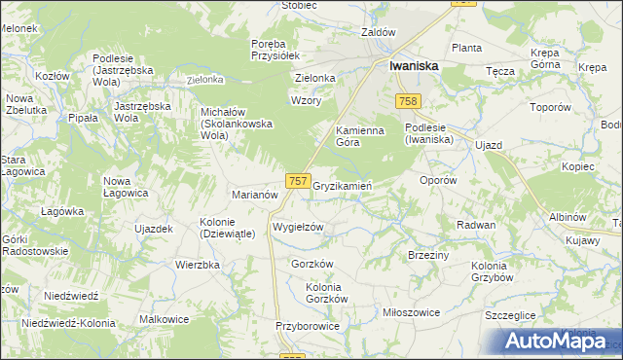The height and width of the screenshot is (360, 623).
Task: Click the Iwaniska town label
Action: (413, 65)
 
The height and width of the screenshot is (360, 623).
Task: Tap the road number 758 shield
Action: (408, 102)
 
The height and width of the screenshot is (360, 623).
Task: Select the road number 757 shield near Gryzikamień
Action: (299, 181)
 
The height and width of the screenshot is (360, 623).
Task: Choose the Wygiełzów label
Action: (297, 227)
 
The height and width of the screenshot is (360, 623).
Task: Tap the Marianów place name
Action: (255, 194)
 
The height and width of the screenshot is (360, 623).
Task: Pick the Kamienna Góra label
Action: (360, 135)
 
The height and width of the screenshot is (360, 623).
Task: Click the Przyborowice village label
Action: (307, 326)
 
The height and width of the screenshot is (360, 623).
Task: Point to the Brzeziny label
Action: (428, 254)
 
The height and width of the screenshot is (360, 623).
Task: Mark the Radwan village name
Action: (476, 224)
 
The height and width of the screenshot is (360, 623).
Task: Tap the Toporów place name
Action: (551, 108)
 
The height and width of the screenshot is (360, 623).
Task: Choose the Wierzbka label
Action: (195, 263)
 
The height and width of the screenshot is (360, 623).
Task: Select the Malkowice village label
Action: (164, 318)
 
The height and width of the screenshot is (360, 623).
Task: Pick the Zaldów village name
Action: (378, 31)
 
